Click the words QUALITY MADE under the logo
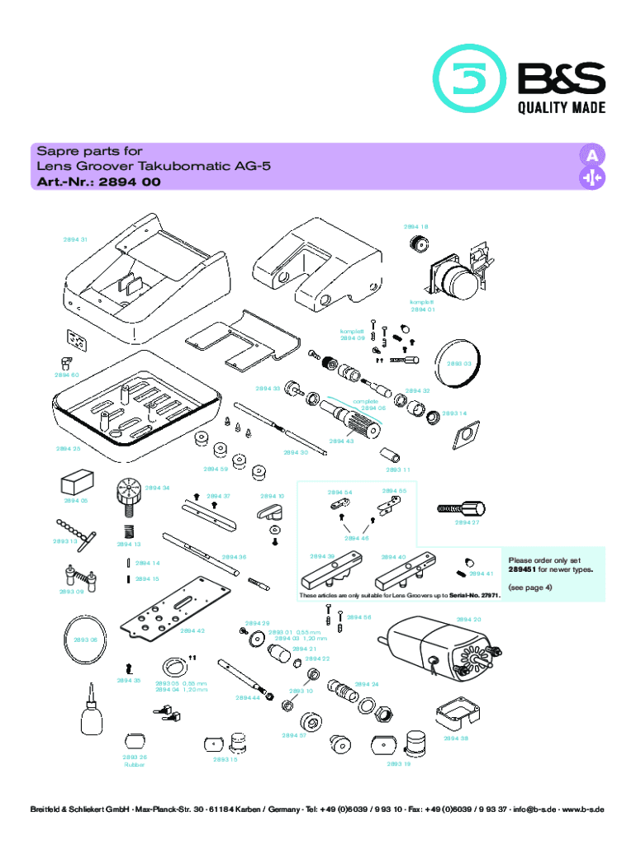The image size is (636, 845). point(561,108)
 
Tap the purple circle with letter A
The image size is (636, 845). point(591,156)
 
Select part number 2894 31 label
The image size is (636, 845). point(76,240)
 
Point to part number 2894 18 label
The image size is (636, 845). point(416,226)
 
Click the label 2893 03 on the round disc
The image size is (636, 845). point(459,363)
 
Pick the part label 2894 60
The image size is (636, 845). point(67,375)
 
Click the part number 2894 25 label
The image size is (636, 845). point(68,449)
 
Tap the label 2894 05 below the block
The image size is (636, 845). point(75,500)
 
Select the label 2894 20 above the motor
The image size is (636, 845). point(468,620)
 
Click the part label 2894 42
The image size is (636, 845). point(192,630)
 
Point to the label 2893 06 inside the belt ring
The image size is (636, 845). point(85,640)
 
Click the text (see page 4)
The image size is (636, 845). point(529,588)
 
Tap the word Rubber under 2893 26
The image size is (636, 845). point(134,764)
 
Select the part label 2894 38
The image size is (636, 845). point(456,738)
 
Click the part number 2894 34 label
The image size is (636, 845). point(157,489)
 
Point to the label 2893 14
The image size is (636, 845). point(454,413)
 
